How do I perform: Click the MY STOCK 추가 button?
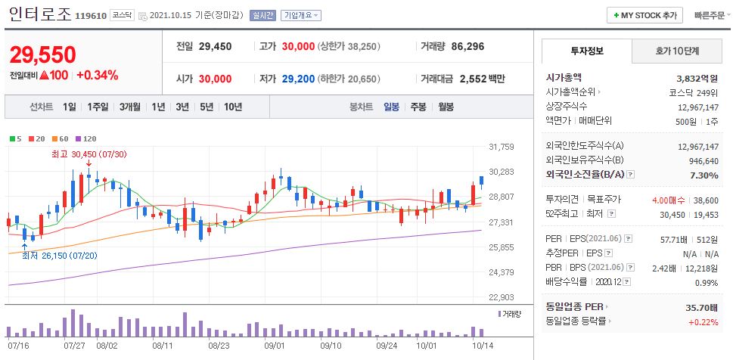(644, 15)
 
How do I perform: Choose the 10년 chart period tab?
(232, 107)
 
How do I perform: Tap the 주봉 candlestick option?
(418, 107)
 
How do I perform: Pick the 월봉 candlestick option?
(446, 107)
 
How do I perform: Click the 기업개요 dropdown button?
(300, 15)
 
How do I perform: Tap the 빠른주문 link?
(710, 15)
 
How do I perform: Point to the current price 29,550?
(43, 54)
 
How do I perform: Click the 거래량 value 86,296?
(467, 46)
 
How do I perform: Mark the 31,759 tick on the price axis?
(502, 147)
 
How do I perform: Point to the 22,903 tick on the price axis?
(502, 297)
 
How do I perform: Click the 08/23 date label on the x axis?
(218, 345)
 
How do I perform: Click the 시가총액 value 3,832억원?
(697, 77)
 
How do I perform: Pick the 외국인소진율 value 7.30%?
(703, 175)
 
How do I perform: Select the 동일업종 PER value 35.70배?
(700, 307)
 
